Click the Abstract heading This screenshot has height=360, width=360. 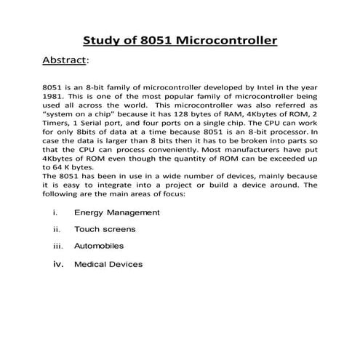point(64,60)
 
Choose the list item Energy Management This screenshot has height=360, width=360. point(116,212)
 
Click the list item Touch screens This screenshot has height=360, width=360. point(105,229)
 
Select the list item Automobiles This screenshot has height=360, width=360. point(99,247)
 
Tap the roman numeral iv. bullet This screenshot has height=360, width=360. point(58,264)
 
